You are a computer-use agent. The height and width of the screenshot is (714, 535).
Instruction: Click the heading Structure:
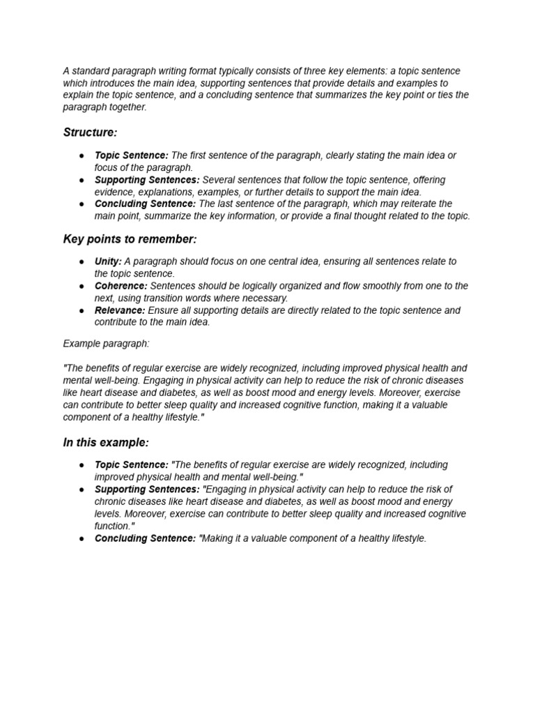tap(89, 132)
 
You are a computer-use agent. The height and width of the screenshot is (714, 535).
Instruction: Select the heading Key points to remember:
tap(130, 239)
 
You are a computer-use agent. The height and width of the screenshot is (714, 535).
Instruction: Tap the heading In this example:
tap(106, 443)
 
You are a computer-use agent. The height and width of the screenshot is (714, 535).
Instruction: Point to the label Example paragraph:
tap(106, 344)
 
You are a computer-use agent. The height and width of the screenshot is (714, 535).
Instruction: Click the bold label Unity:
tap(108, 261)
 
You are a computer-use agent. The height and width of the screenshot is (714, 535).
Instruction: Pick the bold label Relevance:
tap(120, 310)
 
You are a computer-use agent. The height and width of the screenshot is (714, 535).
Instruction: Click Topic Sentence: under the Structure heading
tap(132, 155)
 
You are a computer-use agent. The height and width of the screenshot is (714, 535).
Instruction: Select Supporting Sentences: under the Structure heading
tap(147, 180)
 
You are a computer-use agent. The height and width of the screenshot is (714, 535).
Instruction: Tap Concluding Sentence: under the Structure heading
tap(146, 204)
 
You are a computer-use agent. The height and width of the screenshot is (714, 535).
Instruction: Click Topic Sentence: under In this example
tap(132, 465)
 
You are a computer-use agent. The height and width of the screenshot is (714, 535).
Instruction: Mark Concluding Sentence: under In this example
tap(146, 538)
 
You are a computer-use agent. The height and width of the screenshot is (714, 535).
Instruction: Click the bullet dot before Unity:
tap(82, 261)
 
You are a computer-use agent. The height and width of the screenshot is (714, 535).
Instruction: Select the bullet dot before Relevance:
tap(82, 310)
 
